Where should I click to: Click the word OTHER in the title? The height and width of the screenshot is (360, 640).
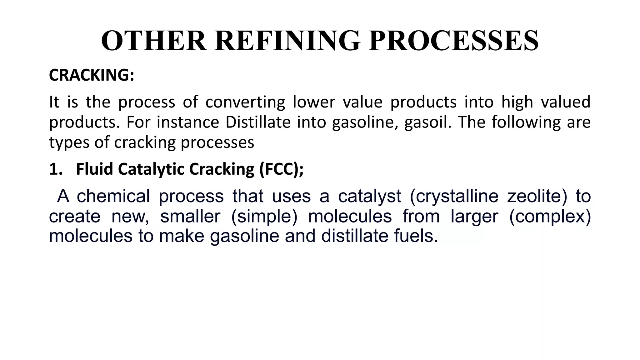click(x=153, y=41)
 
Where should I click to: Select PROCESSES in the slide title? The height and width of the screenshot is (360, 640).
click(x=453, y=41)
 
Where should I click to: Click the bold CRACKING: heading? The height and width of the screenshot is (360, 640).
click(x=92, y=75)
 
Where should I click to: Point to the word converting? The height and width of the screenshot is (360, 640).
click(x=245, y=102)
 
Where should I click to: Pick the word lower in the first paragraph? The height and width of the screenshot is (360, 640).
click(x=314, y=102)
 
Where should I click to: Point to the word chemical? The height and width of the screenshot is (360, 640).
click(x=113, y=196)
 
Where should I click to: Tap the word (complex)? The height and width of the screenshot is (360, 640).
click(x=550, y=216)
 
